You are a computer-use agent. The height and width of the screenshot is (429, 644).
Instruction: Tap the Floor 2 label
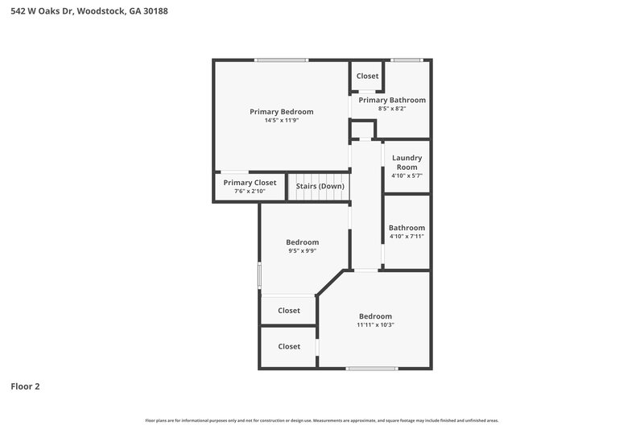[x=25, y=386]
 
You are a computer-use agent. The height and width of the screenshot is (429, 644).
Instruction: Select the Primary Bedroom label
[x=281, y=112]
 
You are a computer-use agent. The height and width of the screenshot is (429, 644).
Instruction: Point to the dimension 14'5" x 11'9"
[x=281, y=121]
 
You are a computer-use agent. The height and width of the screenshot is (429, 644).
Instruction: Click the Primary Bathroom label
[x=392, y=100]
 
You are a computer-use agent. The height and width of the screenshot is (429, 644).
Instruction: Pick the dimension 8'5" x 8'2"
[x=392, y=109]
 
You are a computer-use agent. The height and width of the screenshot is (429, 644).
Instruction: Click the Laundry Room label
[x=407, y=163]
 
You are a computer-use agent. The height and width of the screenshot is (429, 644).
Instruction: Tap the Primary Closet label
[x=250, y=183]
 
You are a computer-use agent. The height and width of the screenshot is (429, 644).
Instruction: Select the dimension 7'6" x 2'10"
[x=250, y=192]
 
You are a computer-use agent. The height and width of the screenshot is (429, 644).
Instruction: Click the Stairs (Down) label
[x=320, y=187]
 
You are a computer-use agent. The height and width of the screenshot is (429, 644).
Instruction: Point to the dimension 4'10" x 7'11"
[x=407, y=237]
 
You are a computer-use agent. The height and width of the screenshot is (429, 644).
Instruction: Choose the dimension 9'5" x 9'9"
[x=303, y=251]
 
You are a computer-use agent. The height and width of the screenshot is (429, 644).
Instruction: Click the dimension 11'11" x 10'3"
[x=375, y=325]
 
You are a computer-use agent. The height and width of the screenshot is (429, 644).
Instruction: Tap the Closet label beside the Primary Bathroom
[x=367, y=76]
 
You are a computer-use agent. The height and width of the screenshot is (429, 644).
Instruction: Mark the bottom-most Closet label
[x=289, y=347]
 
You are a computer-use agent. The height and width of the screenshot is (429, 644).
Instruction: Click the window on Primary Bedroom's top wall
[x=281, y=60]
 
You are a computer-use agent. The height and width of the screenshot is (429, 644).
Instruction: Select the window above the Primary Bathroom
[x=407, y=60]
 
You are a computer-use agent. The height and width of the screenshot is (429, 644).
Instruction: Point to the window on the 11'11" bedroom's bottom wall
[x=371, y=369]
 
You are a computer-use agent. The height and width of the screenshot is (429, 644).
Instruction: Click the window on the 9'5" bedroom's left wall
[x=259, y=275]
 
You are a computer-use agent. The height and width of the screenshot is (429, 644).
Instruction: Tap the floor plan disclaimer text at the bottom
[x=321, y=420]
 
